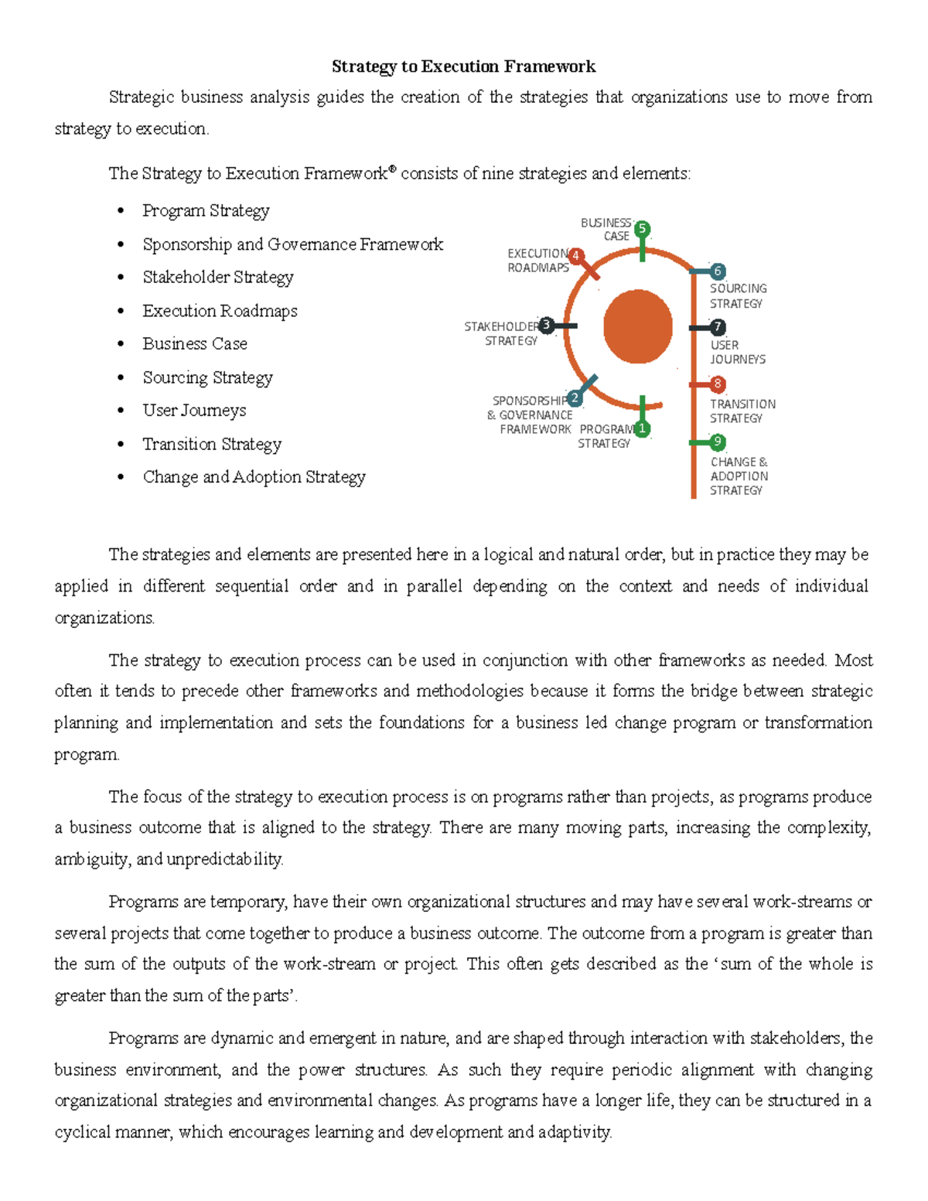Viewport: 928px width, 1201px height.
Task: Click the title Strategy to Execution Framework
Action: coord(463,67)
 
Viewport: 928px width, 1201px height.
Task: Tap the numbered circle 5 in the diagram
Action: coord(642,229)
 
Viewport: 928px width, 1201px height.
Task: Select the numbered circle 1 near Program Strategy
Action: coord(642,428)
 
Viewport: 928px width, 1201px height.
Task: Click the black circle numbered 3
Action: coord(547,325)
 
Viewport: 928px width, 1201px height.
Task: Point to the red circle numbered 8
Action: coord(718,384)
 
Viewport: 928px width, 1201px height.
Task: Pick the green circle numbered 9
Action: coord(718,442)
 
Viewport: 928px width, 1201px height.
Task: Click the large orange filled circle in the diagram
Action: coord(638,326)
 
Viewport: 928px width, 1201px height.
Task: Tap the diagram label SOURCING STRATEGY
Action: coord(738,295)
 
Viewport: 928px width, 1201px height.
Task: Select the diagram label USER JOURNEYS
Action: coord(738,352)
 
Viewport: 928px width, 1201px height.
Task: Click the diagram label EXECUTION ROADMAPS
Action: coord(538,261)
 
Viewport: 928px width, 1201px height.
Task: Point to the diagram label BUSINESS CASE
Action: coord(606,230)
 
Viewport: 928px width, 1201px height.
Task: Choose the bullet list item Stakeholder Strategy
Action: coord(218,277)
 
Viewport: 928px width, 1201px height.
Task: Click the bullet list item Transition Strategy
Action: coord(212,444)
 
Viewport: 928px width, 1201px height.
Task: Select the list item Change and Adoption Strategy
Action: coord(254,477)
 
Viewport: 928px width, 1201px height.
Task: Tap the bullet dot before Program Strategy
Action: coord(120,211)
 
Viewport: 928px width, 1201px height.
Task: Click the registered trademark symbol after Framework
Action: coord(392,169)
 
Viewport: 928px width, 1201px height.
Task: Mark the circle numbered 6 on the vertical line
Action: coord(718,271)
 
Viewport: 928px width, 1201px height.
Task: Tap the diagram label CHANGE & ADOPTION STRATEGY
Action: coord(739,476)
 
